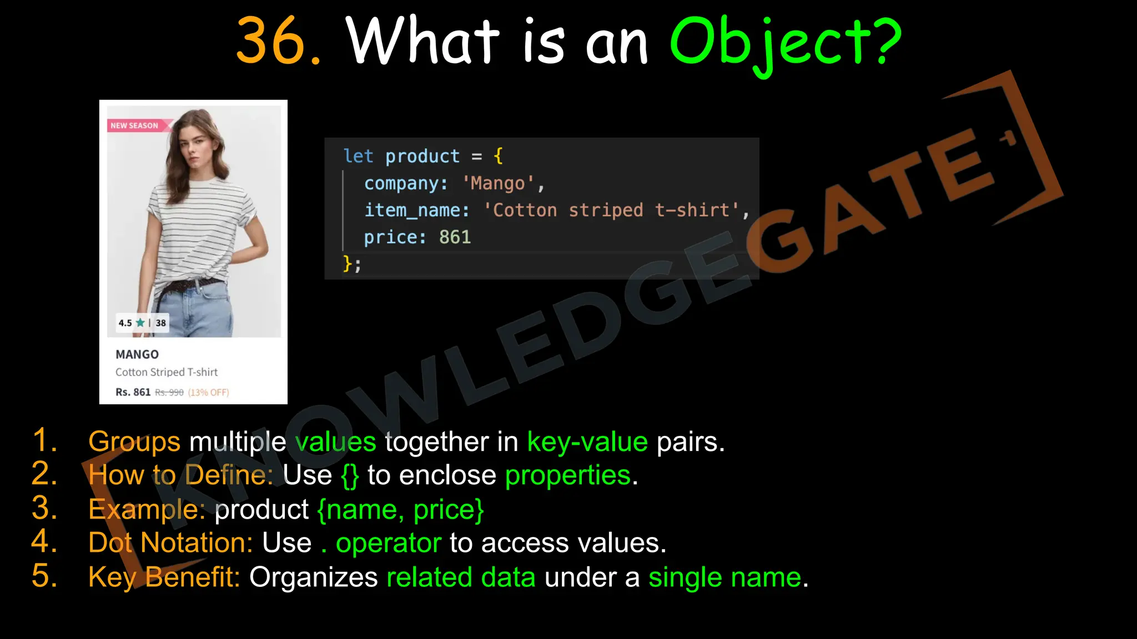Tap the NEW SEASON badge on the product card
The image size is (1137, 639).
point(135,125)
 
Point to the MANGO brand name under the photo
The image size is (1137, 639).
point(137,354)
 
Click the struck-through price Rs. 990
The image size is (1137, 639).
point(169,393)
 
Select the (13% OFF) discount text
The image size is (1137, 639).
point(208,393)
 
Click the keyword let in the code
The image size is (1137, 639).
point(358,156)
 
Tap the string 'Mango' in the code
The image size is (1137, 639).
point(498,184)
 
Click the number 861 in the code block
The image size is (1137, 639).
point(455,237)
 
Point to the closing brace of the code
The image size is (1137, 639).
point(348,263)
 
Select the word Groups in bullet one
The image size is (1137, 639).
point(134,442)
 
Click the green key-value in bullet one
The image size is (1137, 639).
point(587,442)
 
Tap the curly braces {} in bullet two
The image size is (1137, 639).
point(350,476)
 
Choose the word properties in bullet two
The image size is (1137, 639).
point(568,476)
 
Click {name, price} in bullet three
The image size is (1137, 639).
point(400,510)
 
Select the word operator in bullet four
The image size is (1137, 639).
point(389,543)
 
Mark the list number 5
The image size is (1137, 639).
point(44,576)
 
